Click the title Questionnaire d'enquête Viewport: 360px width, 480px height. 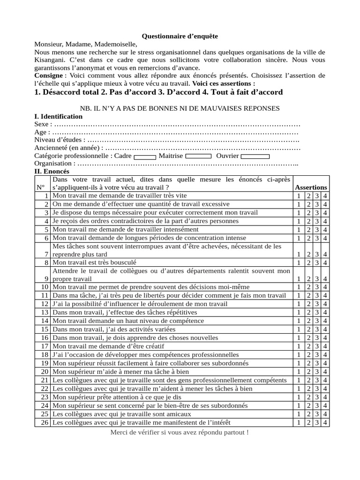(x=180, y=36)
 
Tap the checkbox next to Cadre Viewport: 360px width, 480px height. (x=145, y=156)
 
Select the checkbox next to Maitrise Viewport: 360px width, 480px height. (x=198, y=156)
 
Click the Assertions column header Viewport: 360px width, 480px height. (x=311, y=187)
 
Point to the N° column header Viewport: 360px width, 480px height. (x=40, y=187)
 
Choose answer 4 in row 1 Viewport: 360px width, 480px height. (x=325, y=196)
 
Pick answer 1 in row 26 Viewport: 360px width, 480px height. (x=299, y=423)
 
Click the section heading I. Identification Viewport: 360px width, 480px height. (x=59, y=116)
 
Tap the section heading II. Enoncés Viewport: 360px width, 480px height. (x=52, y=172)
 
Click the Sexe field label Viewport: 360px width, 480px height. (x=43, y=124)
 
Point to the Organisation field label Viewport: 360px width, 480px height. (x=54, y=164)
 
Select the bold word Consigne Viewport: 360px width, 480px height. (x=49, y=75)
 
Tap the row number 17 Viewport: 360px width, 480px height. (x=45, y=346)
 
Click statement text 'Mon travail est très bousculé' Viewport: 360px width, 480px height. (x=94, y=262)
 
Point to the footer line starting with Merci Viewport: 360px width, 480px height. (x=180, y=432)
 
